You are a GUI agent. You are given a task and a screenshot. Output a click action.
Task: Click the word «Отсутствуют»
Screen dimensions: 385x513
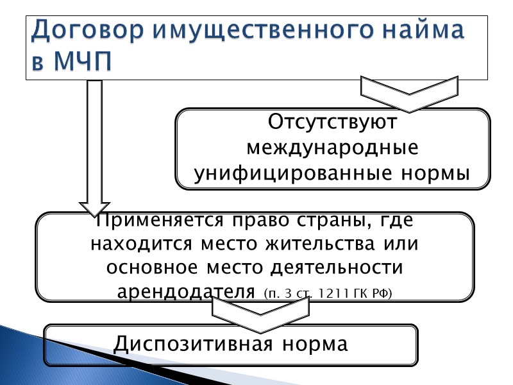click(x=333, y=121)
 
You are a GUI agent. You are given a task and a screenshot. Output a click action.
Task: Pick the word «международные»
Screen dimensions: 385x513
click(x=333, y=148)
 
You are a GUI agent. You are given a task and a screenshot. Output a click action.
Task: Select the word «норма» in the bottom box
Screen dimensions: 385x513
click(x=314, y=344)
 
